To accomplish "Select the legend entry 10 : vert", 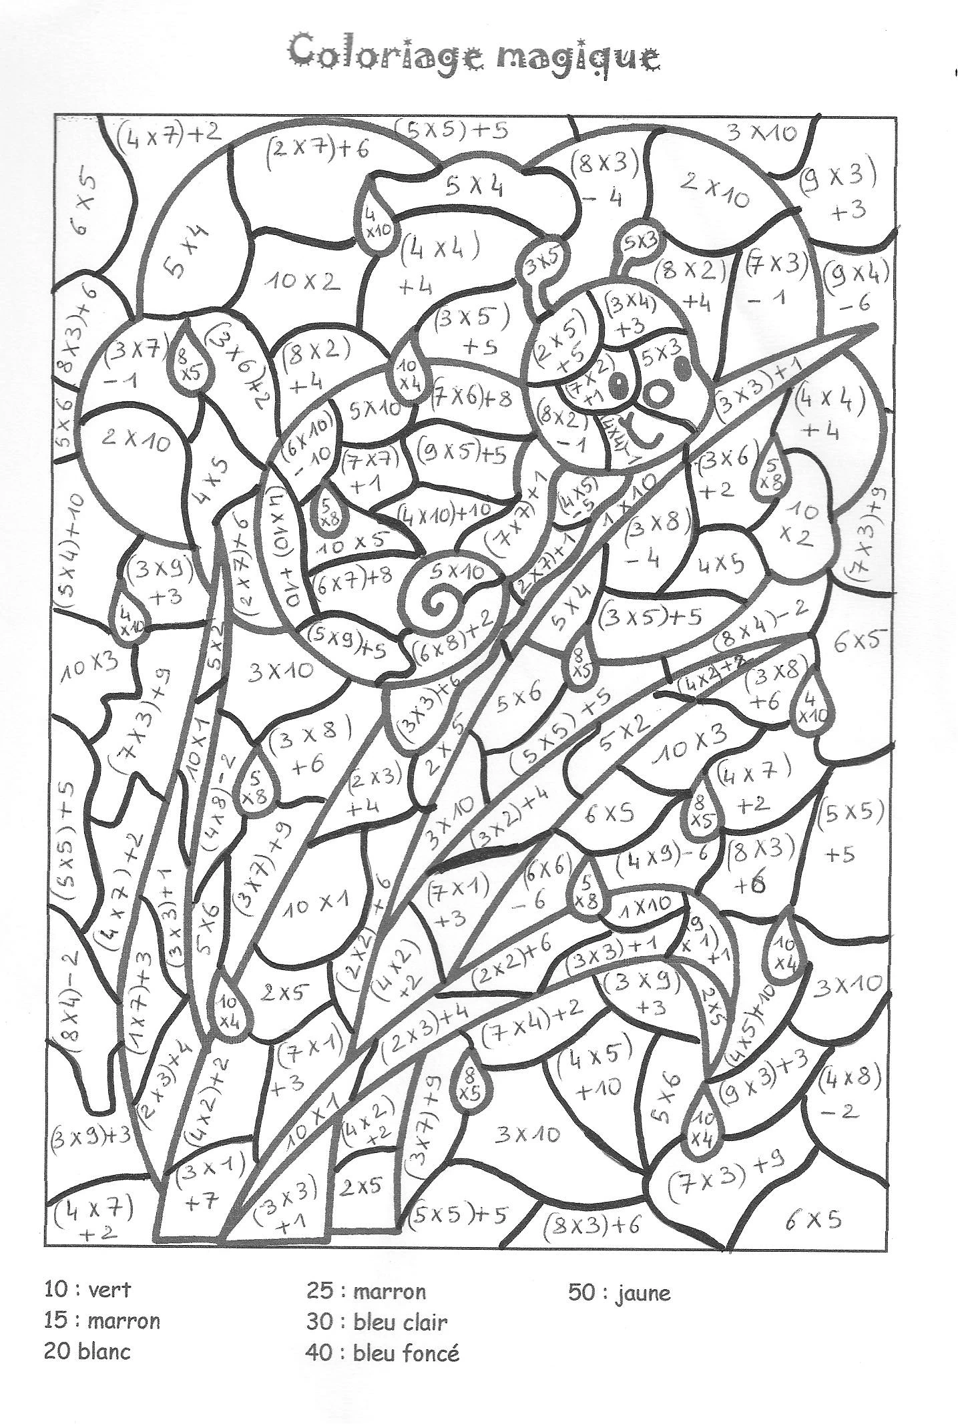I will click(87, 1307).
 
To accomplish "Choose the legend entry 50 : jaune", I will click(619, 1311).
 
